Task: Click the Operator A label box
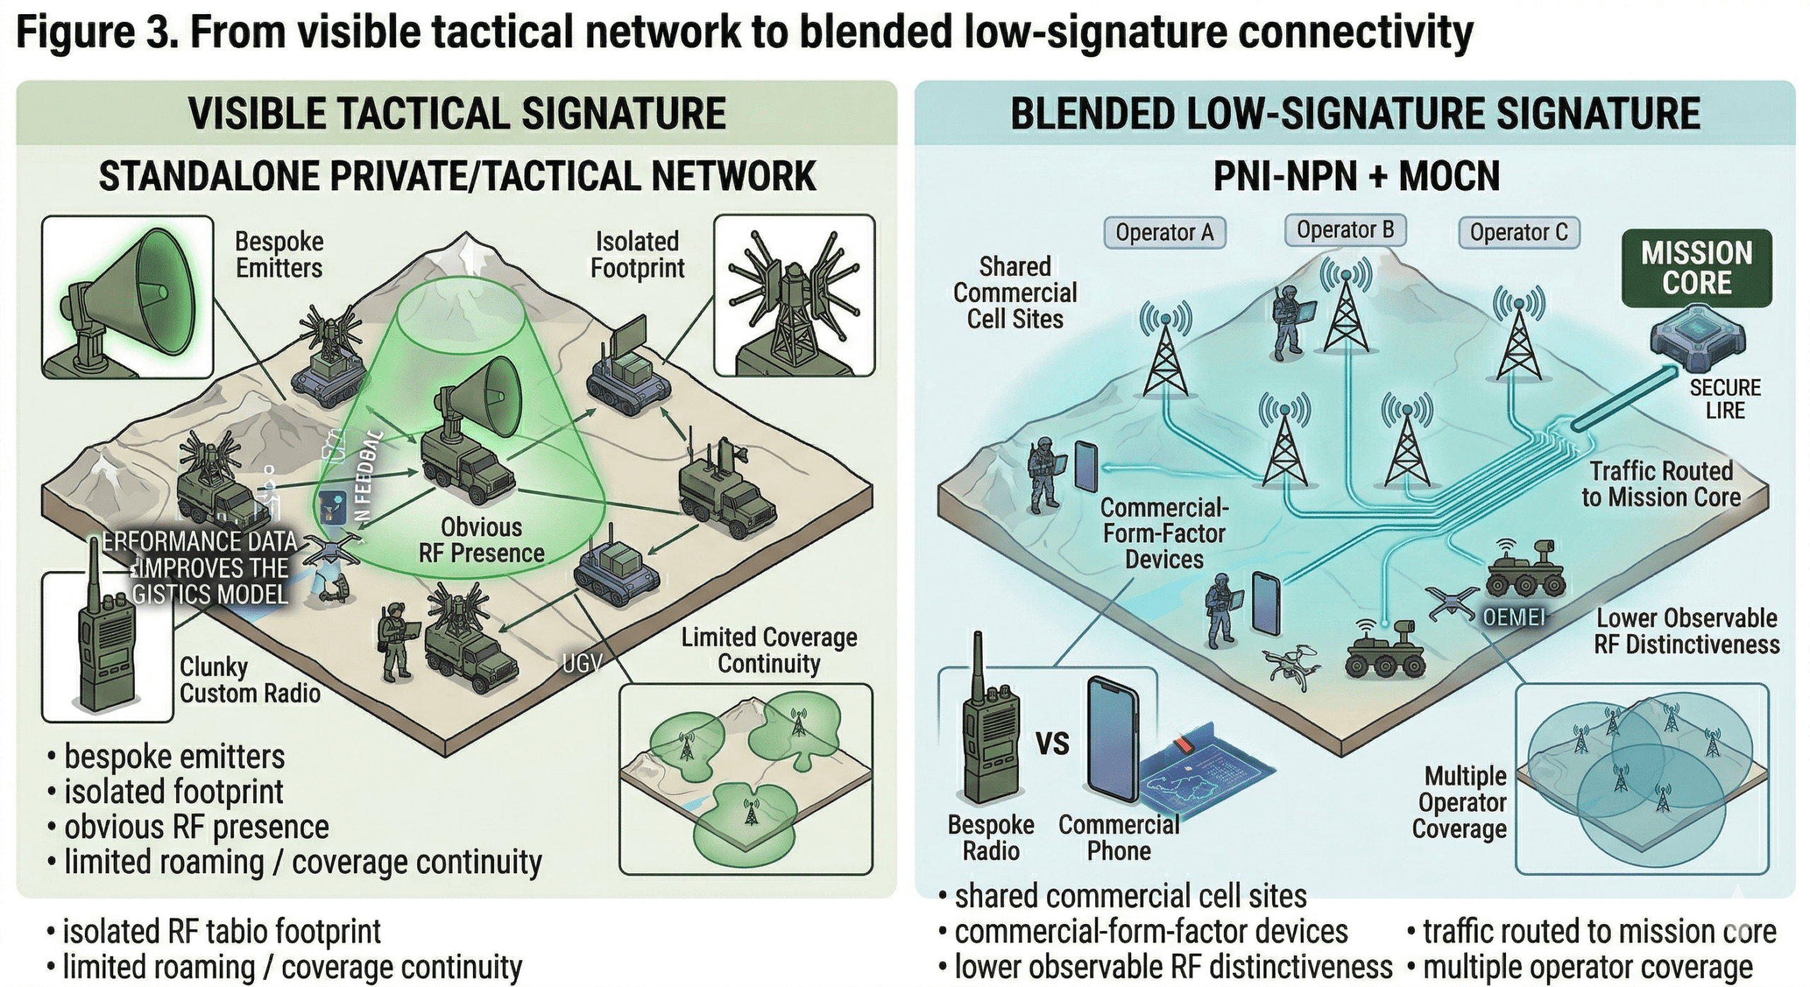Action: coord(1164,233)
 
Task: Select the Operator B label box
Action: coord(1345,230)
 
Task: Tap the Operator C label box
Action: coord(1519,233)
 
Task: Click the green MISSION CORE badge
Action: coord(1696,268)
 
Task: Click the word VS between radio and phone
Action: coord(1052,744)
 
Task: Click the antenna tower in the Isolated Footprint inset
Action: coord(795,300)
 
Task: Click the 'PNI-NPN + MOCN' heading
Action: coord(1356,177)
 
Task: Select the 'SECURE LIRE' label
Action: coord(1724,399)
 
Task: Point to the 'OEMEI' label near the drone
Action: coord(1513,618)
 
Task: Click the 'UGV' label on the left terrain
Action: coord(582,663)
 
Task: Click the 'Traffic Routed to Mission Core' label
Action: coord(1661,484)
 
